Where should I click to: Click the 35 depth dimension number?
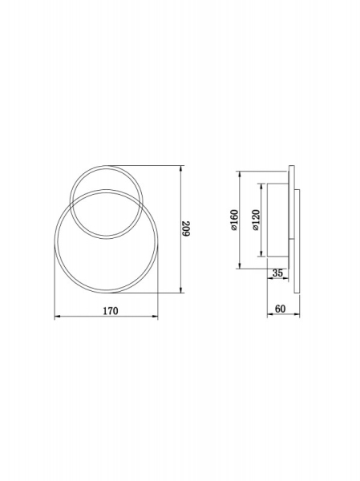click(x=278, y=273)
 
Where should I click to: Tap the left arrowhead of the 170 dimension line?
click(x=57, y=317)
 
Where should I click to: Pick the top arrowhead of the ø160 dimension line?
click(x=241, y=174)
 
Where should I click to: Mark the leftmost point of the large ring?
click(x=55, y=241)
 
